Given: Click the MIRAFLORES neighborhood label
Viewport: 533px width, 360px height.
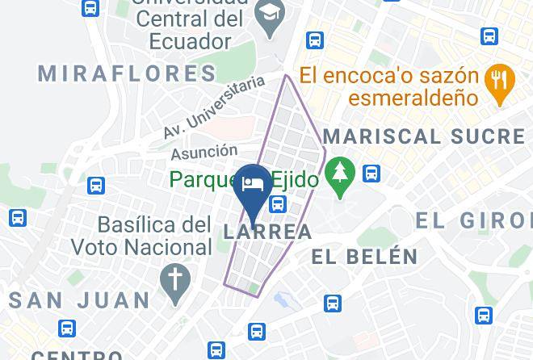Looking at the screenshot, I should (128, 73).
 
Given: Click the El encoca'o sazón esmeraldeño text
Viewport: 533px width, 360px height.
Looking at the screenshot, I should (388, 87).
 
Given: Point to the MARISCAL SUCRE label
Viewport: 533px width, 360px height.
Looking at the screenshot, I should (424, 135).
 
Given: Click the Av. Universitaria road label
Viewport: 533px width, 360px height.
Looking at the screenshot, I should (214, 107).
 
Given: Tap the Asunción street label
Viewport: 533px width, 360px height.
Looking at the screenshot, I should (204, 152).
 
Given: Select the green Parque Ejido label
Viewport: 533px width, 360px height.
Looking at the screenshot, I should (243, 179).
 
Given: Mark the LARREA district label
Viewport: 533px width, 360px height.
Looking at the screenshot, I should (266, 232).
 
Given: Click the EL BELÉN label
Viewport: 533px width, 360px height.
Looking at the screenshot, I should (365, 257).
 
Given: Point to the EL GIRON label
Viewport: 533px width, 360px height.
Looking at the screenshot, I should (474, 220).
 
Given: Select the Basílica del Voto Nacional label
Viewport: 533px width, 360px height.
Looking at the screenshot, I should (154, 236).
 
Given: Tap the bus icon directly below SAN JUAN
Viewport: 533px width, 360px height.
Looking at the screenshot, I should (67, 329).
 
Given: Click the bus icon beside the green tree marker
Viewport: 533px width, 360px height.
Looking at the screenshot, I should (371, 173).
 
